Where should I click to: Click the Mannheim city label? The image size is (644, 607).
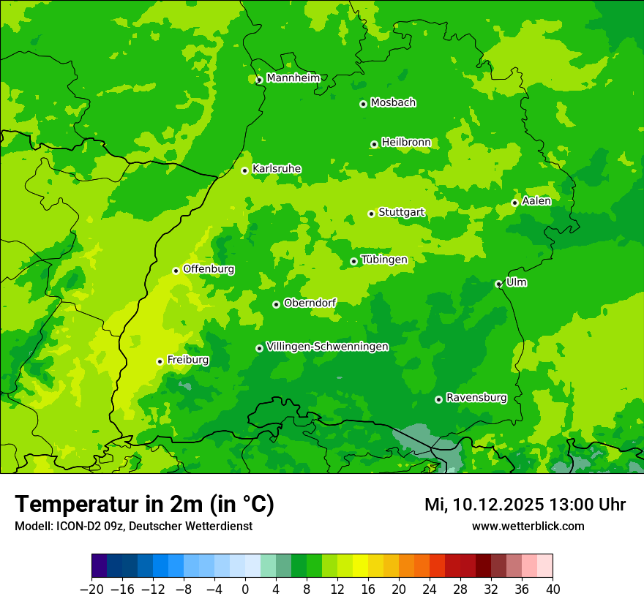click(293, 78)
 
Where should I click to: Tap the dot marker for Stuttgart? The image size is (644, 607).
click(371, 214)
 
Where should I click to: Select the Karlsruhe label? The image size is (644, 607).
click(277, 169)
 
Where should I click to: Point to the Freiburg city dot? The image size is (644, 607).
click(160, 361)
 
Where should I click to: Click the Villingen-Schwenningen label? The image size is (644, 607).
click(327, 347)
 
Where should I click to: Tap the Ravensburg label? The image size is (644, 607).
click(476, 398)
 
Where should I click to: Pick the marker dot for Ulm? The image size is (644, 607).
click(498, 284)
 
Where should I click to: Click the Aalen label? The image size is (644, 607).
click(536, 201)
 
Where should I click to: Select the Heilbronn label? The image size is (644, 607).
click(405, 143)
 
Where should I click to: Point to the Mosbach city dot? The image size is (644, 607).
click(363, 104)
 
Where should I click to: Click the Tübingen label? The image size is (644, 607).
click(383, 260)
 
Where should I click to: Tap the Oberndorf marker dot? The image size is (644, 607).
click(276, 304)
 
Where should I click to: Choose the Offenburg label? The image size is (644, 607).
click(209, 269)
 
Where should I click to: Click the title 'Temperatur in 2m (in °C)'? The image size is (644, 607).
click(144, 505)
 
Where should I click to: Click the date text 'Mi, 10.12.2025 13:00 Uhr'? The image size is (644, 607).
click(525, 505)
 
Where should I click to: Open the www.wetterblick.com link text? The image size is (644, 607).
click(528, 526)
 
